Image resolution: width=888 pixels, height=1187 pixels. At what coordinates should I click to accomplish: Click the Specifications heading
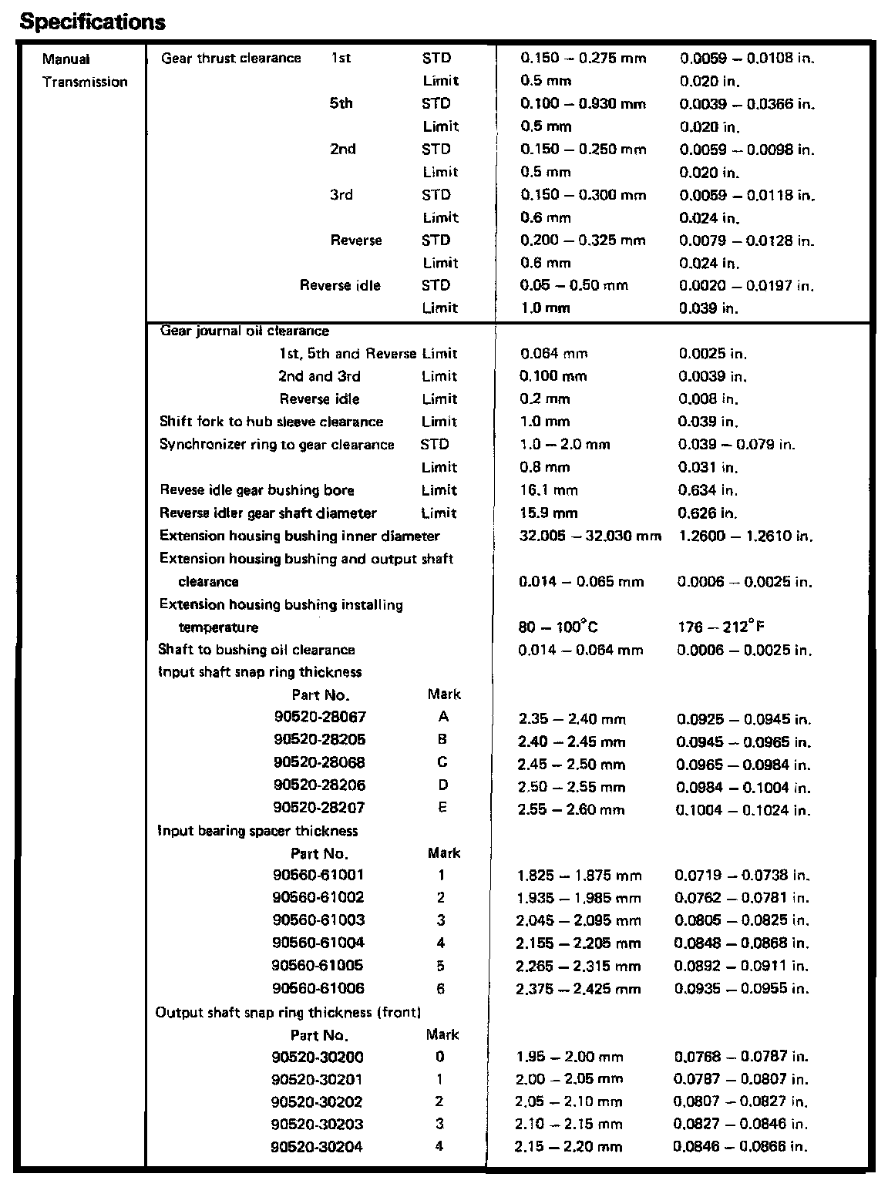(x=92, y=22)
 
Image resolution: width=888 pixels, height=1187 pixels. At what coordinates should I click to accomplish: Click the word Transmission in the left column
(x=85, y=82)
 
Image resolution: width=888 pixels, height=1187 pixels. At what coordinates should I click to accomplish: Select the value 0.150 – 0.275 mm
(x=583, y=59)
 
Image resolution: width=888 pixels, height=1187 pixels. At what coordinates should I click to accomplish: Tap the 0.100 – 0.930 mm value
(x=583, y=104)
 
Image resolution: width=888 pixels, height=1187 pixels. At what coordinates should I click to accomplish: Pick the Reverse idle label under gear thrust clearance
(x=340, y=285)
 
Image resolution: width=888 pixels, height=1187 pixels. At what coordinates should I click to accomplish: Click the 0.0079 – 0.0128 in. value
(x=746, y=240)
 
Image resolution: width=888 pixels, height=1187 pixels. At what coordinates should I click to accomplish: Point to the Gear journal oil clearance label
(x=244, y=331)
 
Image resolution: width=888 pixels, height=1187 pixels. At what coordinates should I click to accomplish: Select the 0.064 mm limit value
(x=553, y=354)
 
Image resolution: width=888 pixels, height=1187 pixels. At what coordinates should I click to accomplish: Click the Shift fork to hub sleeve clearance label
(x=271, y=422)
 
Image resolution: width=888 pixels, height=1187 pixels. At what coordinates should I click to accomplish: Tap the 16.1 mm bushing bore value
(x=548, y=490)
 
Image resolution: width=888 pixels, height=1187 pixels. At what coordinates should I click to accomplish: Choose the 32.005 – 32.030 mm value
(x=590, y=536)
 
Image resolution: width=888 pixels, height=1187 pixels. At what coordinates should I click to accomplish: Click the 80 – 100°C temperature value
(x=557, y=627)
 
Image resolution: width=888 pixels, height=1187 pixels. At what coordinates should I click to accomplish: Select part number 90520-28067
(x=320, y=717)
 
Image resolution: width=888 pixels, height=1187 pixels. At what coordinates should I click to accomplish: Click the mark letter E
(x=442, y=808)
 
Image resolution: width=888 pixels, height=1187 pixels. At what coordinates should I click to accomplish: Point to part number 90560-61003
(x=318, y=920)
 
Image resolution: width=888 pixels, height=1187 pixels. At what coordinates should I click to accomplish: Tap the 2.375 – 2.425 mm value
(x=578, y=989)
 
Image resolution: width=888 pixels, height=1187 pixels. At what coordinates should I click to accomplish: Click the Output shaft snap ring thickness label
(x=288, y=1012)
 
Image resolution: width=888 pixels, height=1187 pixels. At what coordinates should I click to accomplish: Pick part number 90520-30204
(x=317, y=1147)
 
